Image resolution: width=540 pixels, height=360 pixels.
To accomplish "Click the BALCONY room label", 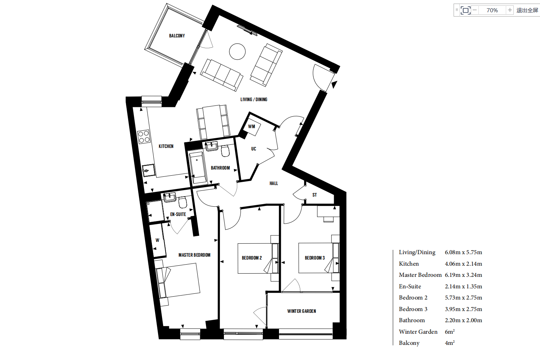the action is (177, 36).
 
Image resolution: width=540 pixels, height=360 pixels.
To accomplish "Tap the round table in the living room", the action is (237, 51).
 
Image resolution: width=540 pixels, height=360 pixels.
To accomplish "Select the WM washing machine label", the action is (251, 126).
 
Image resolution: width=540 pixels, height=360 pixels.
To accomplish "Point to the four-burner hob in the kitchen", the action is (143, 137).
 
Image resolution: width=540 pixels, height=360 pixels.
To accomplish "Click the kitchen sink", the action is (148, 170).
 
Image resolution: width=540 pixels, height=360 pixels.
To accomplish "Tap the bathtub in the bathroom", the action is (197, 167).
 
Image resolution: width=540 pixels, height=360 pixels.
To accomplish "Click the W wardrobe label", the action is (157, 240).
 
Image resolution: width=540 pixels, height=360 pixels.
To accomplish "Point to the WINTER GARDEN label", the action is (302, 311).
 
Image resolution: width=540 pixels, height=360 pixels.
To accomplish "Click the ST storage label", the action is (315, 195).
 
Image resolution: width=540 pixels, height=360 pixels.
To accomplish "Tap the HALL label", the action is (274, 183).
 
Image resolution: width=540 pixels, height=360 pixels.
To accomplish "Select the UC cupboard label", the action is (253, 149).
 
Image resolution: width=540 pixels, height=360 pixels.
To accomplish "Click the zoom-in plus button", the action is (510, 10).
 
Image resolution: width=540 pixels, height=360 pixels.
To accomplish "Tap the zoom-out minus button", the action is (475, 10).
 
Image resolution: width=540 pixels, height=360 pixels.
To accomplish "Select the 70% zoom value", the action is (492, 10).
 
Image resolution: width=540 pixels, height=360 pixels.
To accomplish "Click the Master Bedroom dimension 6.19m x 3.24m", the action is (463, 275).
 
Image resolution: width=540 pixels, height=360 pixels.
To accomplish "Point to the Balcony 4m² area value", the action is (450, 343).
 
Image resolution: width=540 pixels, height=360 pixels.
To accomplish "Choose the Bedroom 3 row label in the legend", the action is (413, 309).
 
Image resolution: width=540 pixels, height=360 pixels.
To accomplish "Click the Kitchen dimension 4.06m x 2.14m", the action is (463, 264).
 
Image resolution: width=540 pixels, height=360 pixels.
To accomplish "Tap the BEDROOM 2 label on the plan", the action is (252, 258).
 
